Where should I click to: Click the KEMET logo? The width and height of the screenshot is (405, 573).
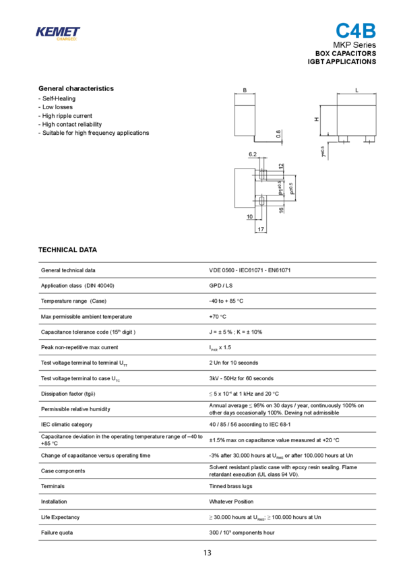[57, 33]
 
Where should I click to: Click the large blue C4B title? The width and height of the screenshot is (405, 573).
[356, 31]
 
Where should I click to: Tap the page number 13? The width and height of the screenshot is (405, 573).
[207, 553]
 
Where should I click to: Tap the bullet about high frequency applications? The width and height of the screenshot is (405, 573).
[94, 133]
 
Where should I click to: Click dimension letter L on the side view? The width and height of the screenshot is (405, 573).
[356, 89]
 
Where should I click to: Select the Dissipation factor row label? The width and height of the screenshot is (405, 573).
[68, 394]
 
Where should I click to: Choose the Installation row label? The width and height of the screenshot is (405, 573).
[55, 502]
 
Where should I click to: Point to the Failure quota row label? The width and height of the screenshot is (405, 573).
[57, 533]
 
